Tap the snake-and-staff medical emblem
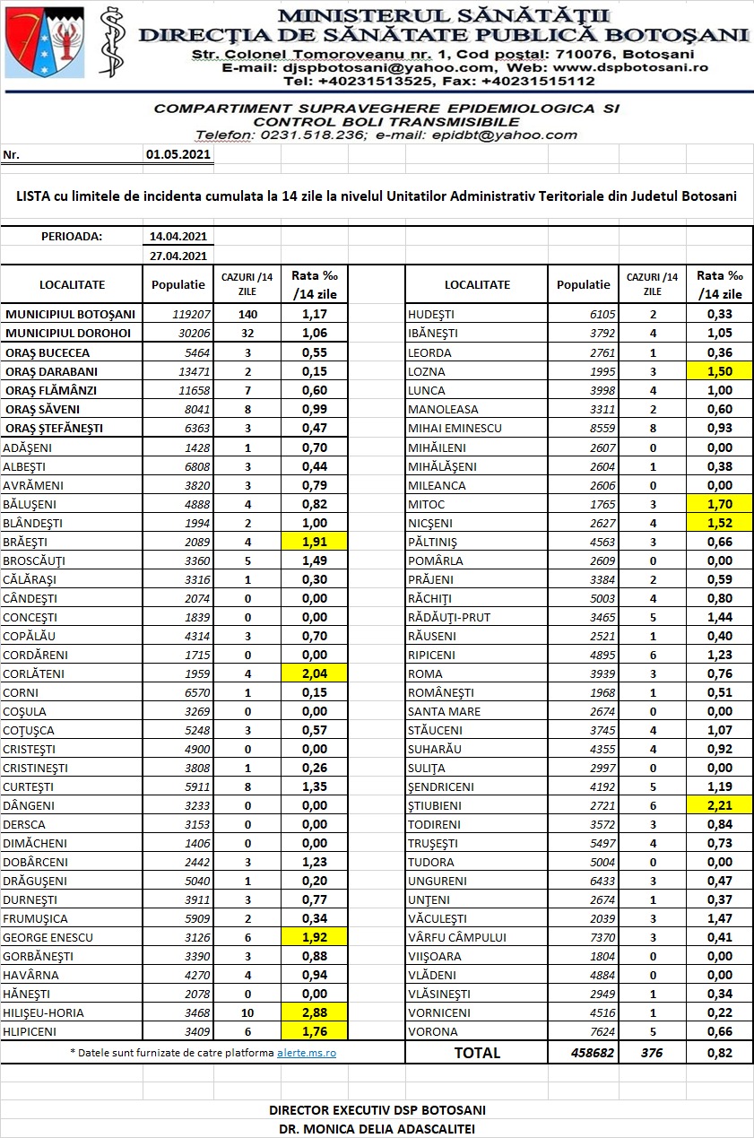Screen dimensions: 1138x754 [111, 43]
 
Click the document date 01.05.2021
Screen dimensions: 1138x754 [178, 154]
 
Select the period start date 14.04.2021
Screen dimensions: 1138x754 [178, 237]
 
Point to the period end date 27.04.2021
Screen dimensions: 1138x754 [178, 256]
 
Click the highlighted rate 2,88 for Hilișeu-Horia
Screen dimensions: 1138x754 [314, 1012]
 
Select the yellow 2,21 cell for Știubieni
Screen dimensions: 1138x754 [720, 805]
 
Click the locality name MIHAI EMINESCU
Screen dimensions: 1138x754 [455, 429]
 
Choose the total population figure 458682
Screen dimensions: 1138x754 [592, 1053]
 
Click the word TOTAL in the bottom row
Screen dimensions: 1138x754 [477, 1053]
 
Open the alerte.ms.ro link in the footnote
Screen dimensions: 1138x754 [306, 1052]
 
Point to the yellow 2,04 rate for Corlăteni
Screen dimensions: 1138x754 [314, 673]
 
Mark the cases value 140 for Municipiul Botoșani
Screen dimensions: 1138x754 [247, 314]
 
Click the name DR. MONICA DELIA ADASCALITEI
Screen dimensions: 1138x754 [376, 1128]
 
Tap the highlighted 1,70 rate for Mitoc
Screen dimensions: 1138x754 [720, 504]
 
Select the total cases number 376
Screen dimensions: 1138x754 [651, 1053]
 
